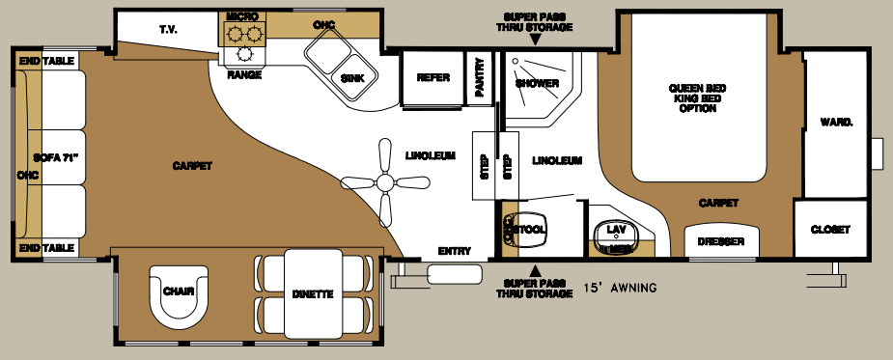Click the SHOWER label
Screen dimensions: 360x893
point(537,83)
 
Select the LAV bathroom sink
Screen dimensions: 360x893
point(617,232)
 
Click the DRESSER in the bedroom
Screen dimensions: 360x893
point(720,242)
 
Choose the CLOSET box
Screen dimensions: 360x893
point(829,230)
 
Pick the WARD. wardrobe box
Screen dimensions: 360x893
point(835,123)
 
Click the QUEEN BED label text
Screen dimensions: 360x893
point(697,89)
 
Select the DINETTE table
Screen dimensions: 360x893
point(314,294)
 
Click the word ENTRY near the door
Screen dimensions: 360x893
point(454,251)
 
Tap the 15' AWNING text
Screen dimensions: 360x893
point(620,288)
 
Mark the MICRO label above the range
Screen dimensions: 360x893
point(242,16)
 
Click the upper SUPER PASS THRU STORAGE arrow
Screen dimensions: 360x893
point(535,42)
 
